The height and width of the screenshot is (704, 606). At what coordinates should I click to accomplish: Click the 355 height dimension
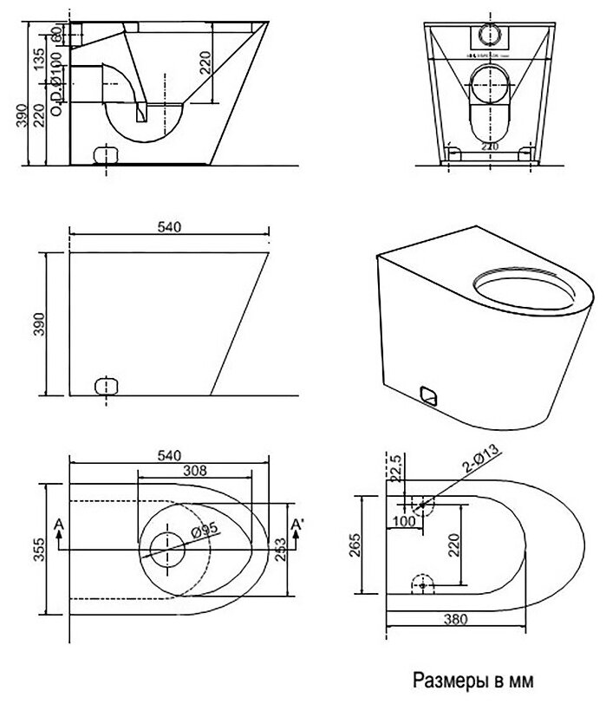(36, 547)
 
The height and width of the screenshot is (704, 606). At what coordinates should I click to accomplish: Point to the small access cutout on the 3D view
(428, 395)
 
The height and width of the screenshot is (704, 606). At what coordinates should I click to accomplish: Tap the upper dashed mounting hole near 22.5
(422, 504)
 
